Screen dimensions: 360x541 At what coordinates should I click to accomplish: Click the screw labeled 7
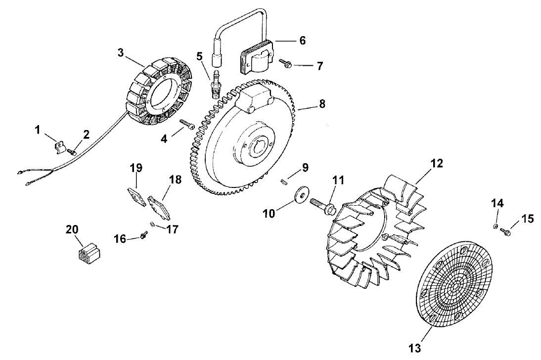pyautogui.click(x=287, y=64)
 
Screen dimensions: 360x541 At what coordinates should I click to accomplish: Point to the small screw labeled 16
pyautogui.click(x=143, y=237)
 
